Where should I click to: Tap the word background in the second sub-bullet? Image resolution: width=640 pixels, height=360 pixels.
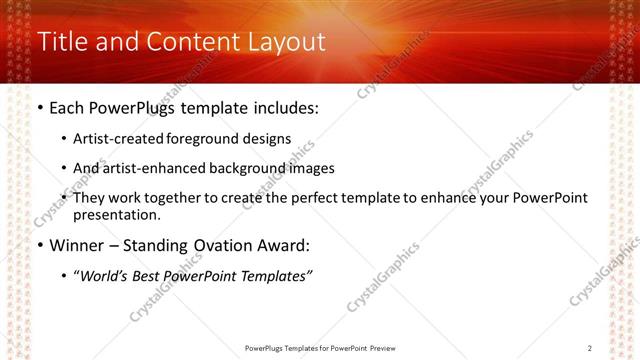click(x=253, y=168)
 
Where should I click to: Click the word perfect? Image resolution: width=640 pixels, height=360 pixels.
click(x=325, y=198)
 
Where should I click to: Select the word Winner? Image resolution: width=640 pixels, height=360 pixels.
click(x=75, y=245)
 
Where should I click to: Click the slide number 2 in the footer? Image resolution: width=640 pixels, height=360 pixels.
click(x=590, y=348)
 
